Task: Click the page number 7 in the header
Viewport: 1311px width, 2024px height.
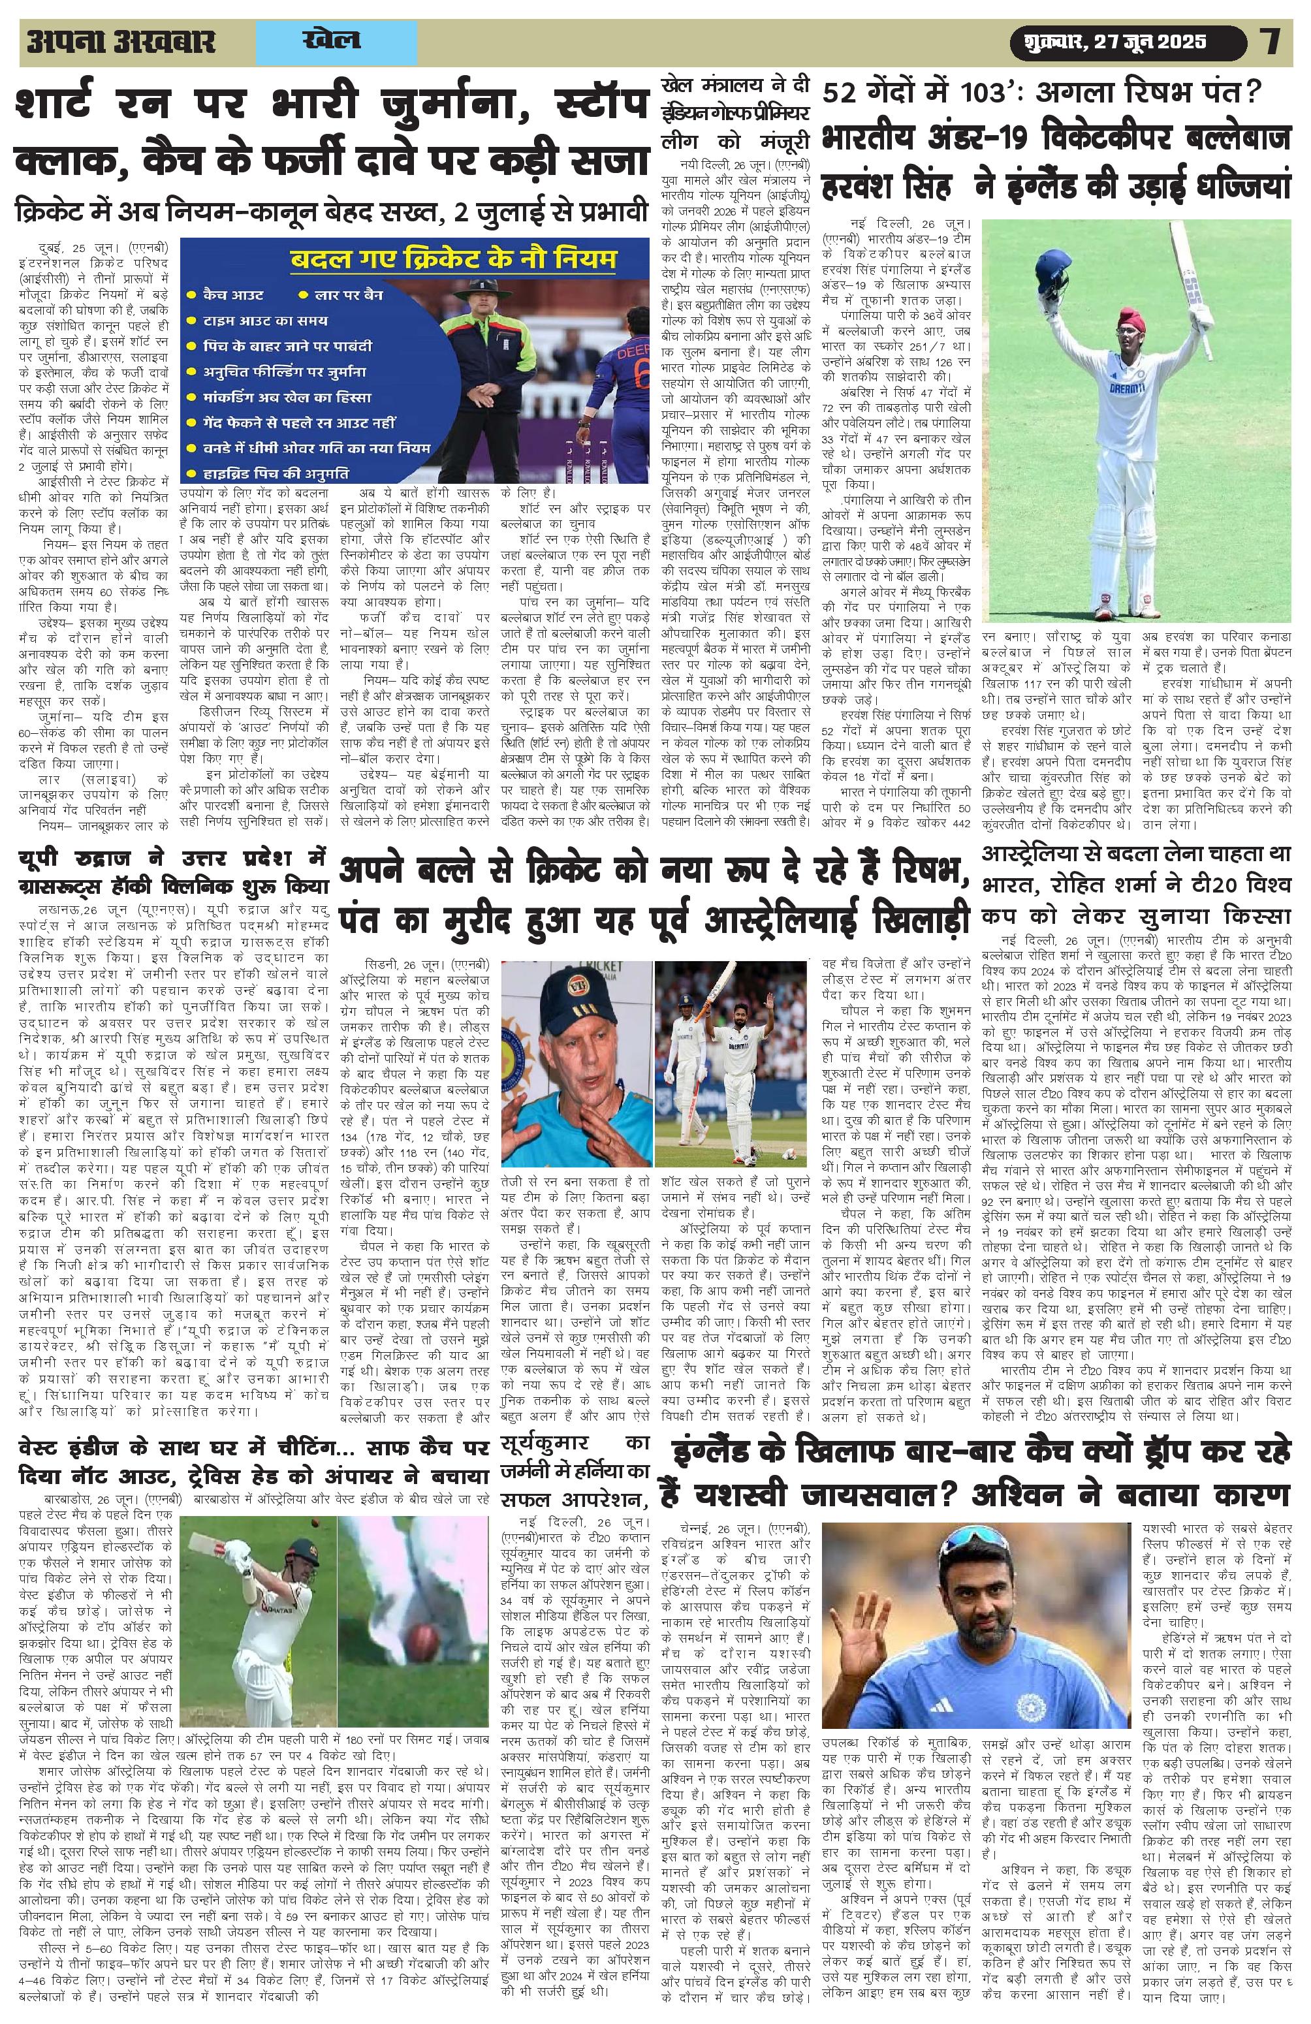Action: tap(1271, 42)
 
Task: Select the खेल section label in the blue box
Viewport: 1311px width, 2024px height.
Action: tap(331, 41)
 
